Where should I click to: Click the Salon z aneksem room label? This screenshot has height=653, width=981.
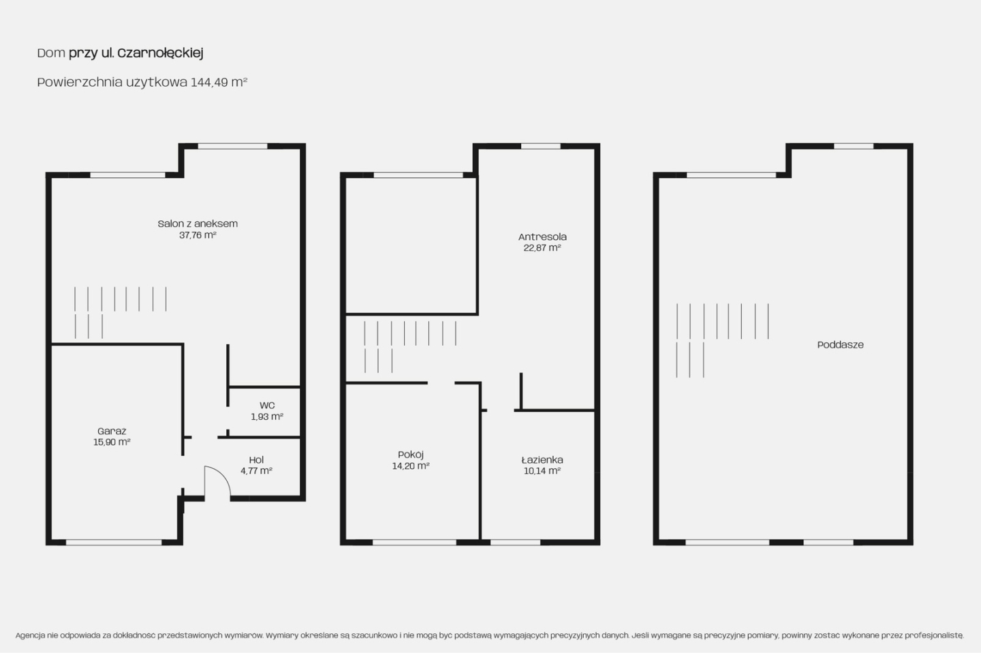[198, 224]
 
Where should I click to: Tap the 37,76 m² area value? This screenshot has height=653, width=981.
[198, 235]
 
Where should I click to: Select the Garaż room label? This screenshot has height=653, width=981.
[112, 431]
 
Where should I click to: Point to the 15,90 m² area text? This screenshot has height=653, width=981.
[112, 442]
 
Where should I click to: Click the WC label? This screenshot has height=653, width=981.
[267, 406]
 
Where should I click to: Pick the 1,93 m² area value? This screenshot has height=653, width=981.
[267, 416]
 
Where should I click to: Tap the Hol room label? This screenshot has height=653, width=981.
[256, 459]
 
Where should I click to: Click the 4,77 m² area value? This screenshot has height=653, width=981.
[256, 471]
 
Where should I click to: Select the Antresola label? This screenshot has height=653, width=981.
[542, 237]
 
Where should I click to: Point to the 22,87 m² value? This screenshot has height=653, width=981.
[542, 247]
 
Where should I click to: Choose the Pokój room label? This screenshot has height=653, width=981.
[411, 455]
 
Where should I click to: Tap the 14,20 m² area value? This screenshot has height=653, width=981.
[411, 466]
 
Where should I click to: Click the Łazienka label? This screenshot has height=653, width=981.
[542, 459]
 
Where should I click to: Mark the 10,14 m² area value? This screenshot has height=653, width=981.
[542, 471]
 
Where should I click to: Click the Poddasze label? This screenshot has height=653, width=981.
[841, 344]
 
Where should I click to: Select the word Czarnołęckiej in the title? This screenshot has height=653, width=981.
[160, 53]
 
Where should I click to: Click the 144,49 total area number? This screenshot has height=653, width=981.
[209, 82]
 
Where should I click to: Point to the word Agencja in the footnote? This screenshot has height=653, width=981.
[30, 635]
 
